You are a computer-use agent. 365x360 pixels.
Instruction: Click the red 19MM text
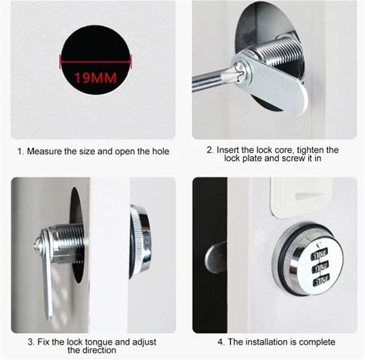coord(95,78)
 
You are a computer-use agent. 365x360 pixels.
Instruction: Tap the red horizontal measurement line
coord(95,62)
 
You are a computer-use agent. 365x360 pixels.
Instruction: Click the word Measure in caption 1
coord(44,152)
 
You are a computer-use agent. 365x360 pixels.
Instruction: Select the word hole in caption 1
coord(161,152)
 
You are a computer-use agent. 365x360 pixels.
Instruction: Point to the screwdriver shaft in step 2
coord(213,79)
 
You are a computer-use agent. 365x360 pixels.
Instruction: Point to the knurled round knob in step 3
coord(139,241)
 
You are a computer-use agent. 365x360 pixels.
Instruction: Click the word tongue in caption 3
coord(99,342)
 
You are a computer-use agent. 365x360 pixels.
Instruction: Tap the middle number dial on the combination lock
coord(321,268)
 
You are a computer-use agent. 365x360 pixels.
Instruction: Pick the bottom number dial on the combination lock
coord(321,281)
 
